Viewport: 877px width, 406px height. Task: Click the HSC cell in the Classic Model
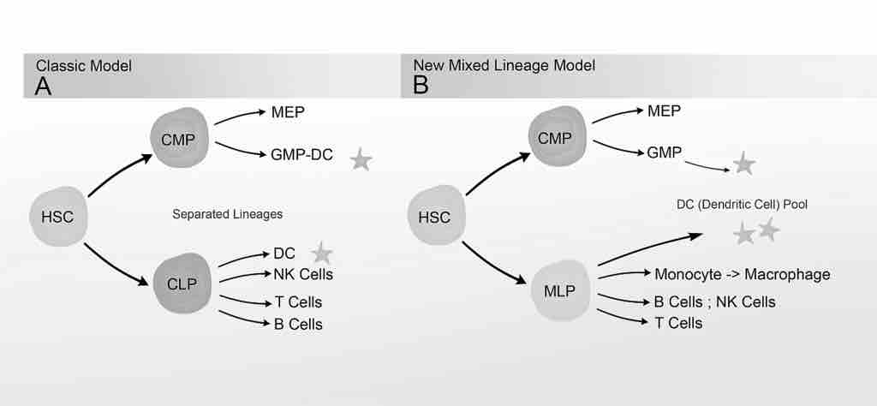[57, 217]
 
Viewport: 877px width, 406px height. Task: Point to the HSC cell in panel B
[433, 217]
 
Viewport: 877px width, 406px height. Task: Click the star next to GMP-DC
[361, 158]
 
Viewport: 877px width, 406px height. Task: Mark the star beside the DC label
[321, 252]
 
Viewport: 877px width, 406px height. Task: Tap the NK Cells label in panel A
[303, 274]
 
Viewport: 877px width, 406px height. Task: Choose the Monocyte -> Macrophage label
[742, 274]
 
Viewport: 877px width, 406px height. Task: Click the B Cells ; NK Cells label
[714, 302]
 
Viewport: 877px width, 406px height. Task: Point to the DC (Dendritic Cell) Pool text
[741, 205]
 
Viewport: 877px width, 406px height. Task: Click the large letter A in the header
[43, 86]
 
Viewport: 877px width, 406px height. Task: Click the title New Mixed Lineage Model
[504, 65]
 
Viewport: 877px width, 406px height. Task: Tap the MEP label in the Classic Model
[286, 112]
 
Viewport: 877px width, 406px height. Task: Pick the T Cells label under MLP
[677, 323]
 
